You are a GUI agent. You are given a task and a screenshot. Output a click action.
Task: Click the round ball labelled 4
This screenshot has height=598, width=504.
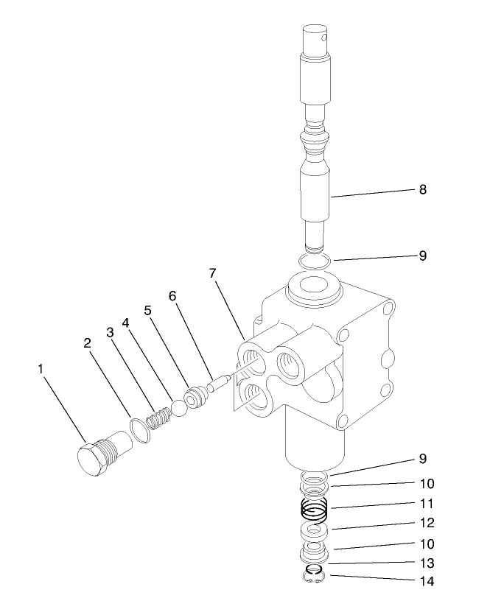point(179,409)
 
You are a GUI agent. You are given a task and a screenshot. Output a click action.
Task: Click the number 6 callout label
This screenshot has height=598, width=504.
point(172,296)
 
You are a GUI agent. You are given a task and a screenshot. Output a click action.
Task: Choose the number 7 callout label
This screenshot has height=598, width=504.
point(212,273)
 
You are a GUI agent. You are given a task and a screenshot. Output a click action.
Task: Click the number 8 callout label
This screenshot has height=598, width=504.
point(423,189)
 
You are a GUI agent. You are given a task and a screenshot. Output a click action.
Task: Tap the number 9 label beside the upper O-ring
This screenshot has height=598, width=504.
point(423,256)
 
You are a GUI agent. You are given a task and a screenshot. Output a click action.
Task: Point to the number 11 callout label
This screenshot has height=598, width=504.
point(426,504)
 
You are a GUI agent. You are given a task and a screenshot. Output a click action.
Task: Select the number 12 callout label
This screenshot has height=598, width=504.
point(426,524)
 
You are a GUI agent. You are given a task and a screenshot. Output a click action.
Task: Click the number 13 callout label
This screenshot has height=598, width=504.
point(426,563)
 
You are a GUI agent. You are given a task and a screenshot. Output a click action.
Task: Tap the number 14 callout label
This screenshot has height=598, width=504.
point(426,581)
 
